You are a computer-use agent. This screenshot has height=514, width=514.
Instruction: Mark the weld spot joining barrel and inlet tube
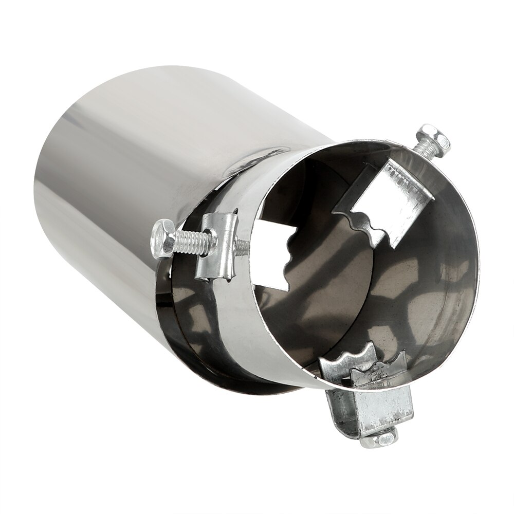point(267,154)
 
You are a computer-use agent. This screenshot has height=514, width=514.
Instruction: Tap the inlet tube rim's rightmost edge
point(477,257)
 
